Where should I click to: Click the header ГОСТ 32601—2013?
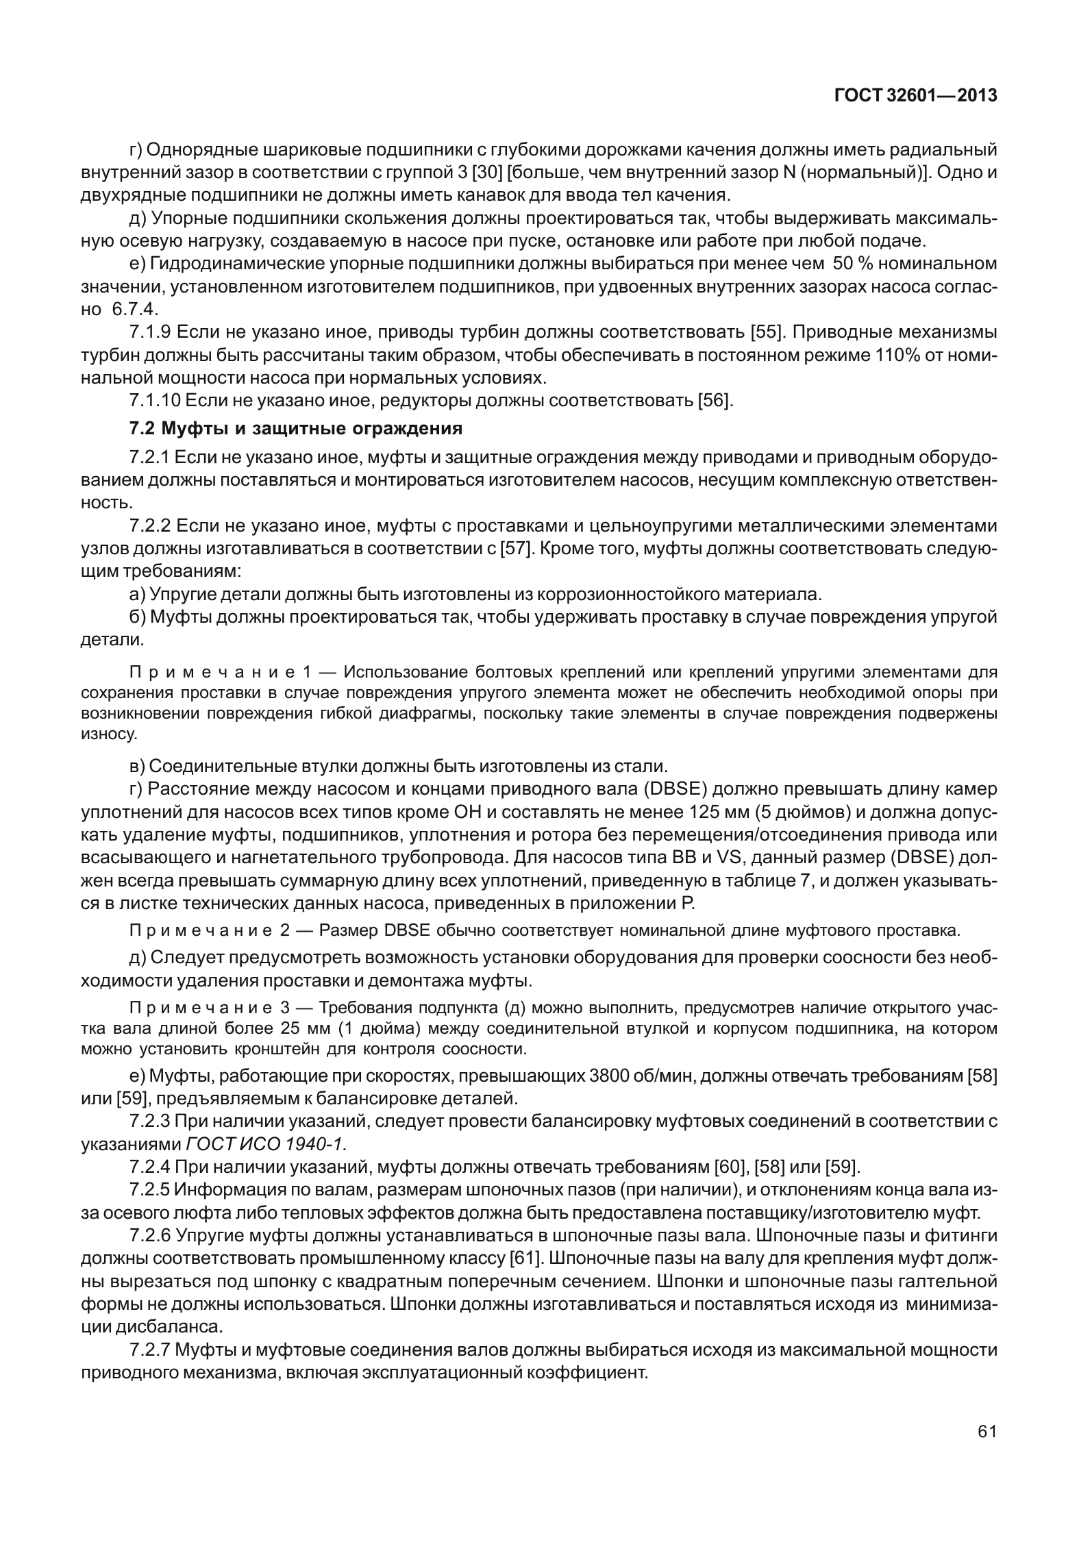pyautogui.click(x=915, y=97)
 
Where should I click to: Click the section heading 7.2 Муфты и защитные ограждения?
pyautogui.click(x=296, y=429)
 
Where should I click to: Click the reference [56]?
pyautogui.click(x=715, y=400)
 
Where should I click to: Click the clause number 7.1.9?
pyautogui.click(x=150, y=333)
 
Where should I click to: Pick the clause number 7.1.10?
pyautogui.click(x=155, y=400)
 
